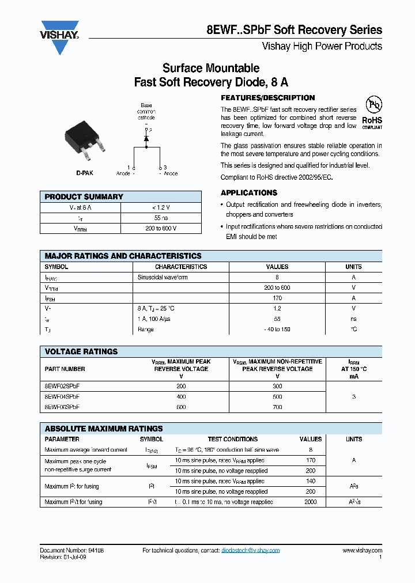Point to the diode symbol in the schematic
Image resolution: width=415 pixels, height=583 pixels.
[146, 138]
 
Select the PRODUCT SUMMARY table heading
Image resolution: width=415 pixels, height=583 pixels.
[84, 196]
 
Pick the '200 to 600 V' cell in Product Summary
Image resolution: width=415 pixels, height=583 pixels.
[161, 228]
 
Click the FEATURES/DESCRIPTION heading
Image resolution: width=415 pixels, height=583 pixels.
[268, 98]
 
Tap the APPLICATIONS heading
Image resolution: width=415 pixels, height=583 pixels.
[249, 193]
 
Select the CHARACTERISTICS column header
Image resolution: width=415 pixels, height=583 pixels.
[181, 267]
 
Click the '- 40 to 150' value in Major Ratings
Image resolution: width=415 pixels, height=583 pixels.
[277, 329]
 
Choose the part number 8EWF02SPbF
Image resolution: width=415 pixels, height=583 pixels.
[62, 386]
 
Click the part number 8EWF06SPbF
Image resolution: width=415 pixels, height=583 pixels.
[62, 407]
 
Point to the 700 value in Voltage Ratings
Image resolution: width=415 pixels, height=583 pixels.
[277, 407]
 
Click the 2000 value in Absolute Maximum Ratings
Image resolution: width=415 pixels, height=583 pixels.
[311, 502]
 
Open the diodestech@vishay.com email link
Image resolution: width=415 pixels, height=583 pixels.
[250, 551]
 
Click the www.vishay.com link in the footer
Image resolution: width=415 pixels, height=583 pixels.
[362, 551]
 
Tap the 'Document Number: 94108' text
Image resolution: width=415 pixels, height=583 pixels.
[72, 551]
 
